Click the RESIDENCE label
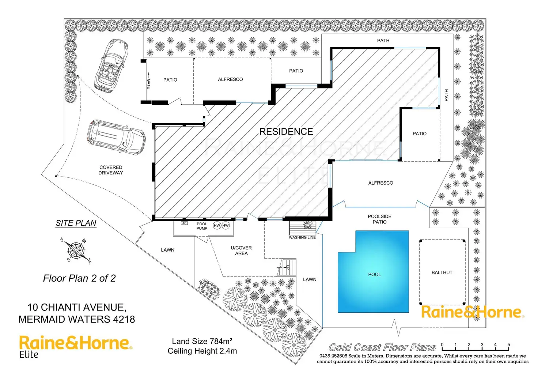286,131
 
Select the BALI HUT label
442,272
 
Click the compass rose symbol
76,250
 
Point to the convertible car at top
111,65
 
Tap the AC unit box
184,223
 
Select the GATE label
149,84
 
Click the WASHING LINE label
302,237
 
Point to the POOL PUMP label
202,226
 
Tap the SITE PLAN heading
76,223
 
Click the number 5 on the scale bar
508,345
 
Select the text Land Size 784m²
202,341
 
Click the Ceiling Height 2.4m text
202,351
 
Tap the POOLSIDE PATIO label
379,219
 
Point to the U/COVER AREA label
241,251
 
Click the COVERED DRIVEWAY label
111,170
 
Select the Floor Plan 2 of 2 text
79,278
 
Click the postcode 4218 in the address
124,319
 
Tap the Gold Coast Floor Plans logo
382,347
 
